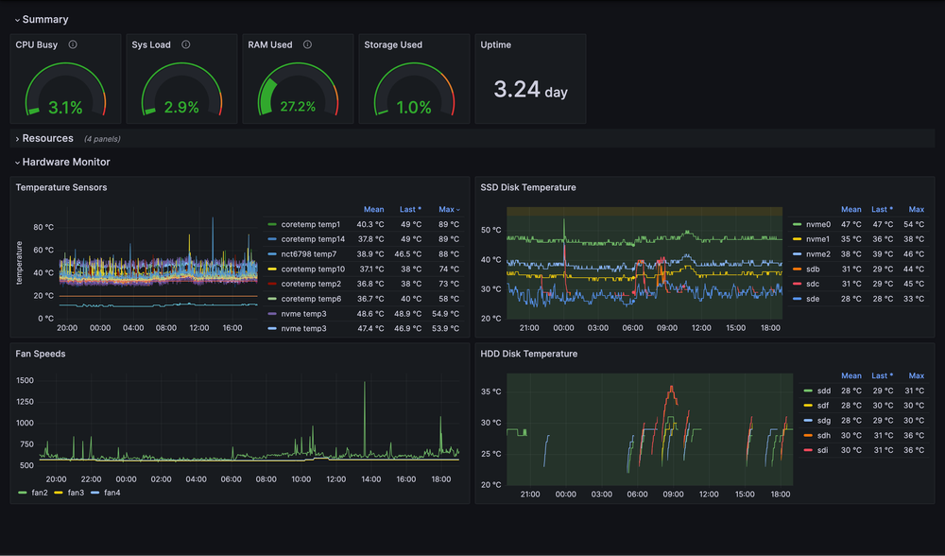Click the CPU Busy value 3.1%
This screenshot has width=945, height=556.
click(65, 108)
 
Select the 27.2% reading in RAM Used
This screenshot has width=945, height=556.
click(298, 108)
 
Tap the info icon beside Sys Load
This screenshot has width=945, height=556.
click(185, 44)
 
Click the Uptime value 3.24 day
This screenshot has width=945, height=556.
click(530, 90)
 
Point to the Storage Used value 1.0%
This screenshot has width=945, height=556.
click(414, 108)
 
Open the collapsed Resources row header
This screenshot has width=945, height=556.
click(47, 138)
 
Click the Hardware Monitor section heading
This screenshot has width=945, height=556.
click(65, 162)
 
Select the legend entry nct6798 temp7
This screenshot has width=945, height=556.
click(308, 254)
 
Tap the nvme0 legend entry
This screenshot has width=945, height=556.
click(817, 224)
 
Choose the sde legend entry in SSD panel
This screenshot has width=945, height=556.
click(814, 299)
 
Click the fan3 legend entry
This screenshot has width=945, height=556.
click(76, 493)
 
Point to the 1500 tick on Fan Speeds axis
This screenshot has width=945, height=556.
click(25, 380)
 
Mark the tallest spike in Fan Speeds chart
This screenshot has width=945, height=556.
click(365, 385)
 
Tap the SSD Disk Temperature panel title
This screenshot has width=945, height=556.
click(528, 187)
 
